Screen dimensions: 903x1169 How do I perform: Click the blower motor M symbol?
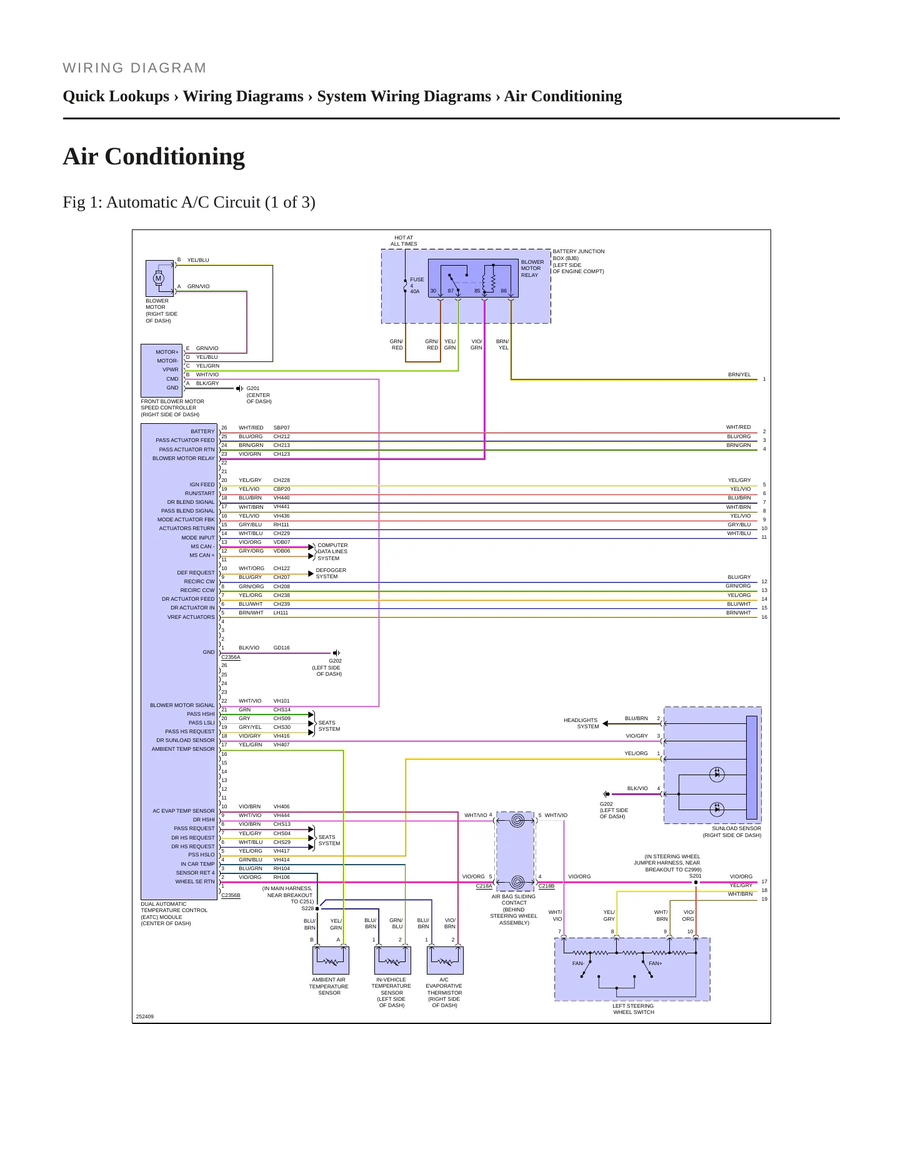[159, 278]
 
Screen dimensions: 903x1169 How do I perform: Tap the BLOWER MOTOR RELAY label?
[532, 269]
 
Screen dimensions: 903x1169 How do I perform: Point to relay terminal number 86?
[504, 291]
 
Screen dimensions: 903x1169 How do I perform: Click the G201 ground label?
[252, 388]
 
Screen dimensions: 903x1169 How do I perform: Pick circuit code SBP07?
[282, 428]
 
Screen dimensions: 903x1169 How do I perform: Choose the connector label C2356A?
[231, 657]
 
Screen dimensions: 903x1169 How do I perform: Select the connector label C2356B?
[231, 895]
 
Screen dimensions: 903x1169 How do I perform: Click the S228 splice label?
[307, 908]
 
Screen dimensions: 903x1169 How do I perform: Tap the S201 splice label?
[695, 876]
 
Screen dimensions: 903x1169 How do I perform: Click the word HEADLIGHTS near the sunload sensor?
[581, 720]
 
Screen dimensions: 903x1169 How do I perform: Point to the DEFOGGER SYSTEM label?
[331, 573]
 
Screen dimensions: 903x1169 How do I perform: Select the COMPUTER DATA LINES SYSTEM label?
[332, 551]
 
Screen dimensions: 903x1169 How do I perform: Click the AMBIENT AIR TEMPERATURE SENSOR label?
[329, 986]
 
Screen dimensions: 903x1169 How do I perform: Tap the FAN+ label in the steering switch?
[655, 963]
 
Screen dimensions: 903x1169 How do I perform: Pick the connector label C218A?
[484, 886]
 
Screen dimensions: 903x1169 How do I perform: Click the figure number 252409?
[144, 1016]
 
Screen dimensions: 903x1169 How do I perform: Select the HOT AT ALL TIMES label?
[404, 241]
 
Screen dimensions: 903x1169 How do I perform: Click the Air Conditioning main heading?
[154, 156]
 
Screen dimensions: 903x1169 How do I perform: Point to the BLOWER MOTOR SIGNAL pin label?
[182, 705]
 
